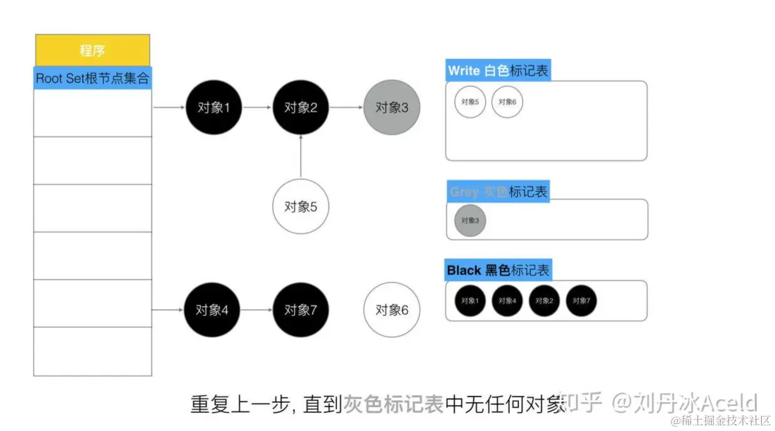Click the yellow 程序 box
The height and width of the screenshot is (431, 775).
(x=92, y=51)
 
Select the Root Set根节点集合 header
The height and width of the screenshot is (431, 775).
(x=92, y=78)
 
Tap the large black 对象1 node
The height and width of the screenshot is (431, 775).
(x=213, y=107)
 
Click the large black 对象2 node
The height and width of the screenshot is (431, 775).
(x=301, y=107)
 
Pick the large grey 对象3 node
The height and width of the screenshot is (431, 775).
(x=392, y=107)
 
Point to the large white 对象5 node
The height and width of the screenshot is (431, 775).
(x=301, y=206)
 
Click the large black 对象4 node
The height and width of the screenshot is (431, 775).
(x=212, y=310)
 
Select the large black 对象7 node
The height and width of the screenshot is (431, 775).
(x=301, y=310)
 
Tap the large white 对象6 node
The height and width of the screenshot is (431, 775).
(x=392, y=310)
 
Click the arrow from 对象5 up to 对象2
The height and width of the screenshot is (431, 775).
(x=301, y=156)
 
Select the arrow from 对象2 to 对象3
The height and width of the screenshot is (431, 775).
(x=346, y=107)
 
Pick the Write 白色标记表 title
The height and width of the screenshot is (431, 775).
(x=498, y=70)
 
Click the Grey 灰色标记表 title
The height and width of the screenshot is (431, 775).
(x=498, y=191)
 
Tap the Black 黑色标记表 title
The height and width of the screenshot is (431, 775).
(x=498, y=270)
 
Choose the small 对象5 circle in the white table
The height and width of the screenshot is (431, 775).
(x=470, y=102)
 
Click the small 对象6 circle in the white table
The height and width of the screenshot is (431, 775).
(x=507, y=102)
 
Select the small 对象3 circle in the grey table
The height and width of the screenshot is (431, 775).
(x=470, y=221)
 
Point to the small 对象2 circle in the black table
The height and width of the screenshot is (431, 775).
(x=544, y=301)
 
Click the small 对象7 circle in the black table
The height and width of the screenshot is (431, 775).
(x=581, y=301)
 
